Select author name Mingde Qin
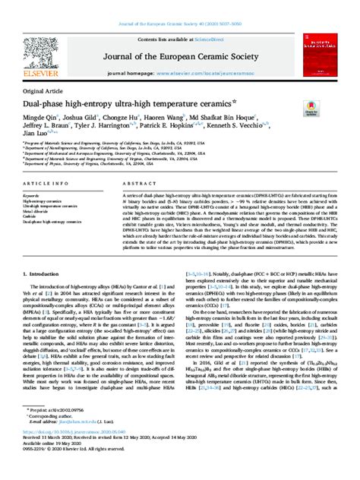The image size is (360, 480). (x=45, y=118)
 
